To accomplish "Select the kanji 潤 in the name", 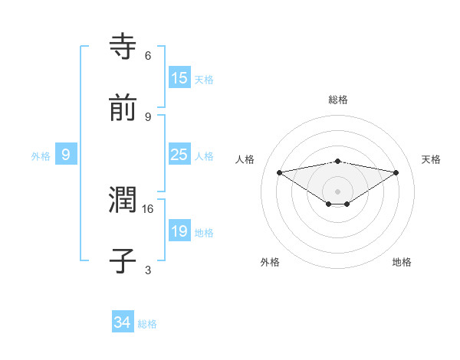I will pyautogui.click(x=123, y=200).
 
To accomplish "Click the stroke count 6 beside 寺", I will pyautogui.click(x=148, y=55).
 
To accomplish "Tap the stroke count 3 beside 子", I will pyautogui.click(x=148, y=270).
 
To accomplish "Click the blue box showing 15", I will pyautogui.click(x=179, y=78).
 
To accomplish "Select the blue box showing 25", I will pyautogui.click(x=179, y=155).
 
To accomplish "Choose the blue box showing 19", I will pyautogui.click(x=179, y=231).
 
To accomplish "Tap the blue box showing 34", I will pyautogui.click(x=122, y=322).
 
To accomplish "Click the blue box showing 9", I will pyautogui.click(x=66, y=155).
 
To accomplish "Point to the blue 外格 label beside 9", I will pyautogui.click(x=41, y=155).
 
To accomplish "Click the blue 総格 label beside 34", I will pyautogui.click(x=147, y=324).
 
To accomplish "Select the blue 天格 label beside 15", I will pyautogui.click(x=204, y=79).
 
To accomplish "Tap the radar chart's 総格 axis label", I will pyautogui.click(x=338, y=100).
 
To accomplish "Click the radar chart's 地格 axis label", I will pyautogui.click(x=402, y=262).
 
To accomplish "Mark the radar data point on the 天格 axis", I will pyautogui.click(x=396, y=172).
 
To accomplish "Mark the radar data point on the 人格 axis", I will pyautogui.click(x=280, y=172).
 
